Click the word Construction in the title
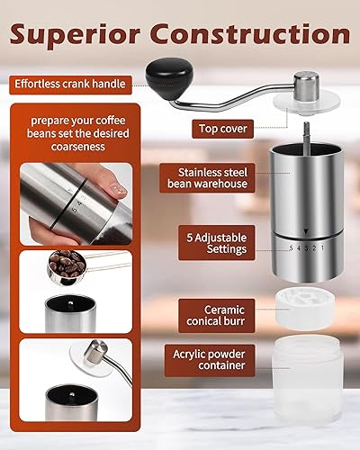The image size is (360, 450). tap(254, 35)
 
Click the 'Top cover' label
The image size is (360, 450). tap(222, 129)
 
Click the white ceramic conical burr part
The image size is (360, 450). tap(307, 307)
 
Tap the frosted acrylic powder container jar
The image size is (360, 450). tap(307, 382)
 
